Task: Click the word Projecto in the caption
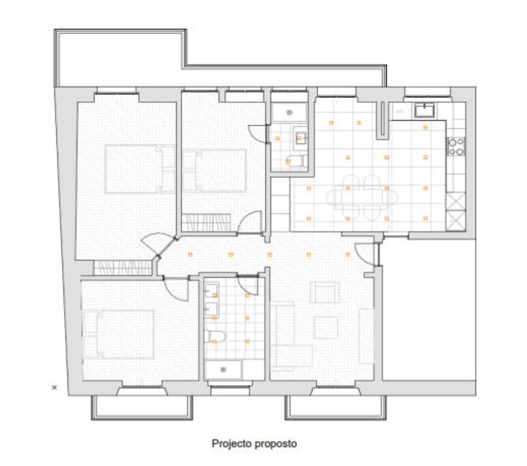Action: click(x=232, y=443)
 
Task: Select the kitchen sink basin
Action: click(x=424, y=110)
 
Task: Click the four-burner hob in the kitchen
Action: click(x=456, y=147)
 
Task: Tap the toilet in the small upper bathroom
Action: click(x=294, y=161)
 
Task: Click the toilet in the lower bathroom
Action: click(x=214, y=336)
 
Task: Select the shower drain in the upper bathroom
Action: click(x=289, y=112)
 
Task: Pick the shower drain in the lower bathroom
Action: click(x=223, y=369)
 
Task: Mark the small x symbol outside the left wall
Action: click(x=54, y=387)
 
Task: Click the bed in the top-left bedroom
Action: click(x=139, y=169)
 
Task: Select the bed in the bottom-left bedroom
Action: click(x=125, y=334)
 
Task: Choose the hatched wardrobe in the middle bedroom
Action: click(x=206, y=222)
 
